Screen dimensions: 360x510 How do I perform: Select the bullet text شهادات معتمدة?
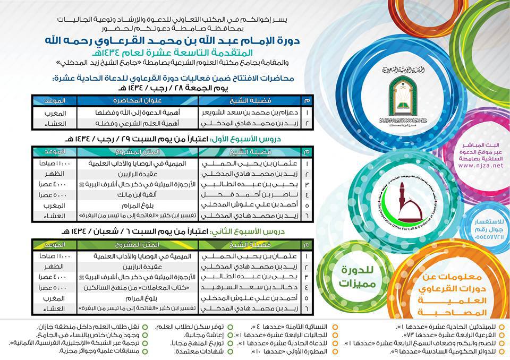tap(197, 353)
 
